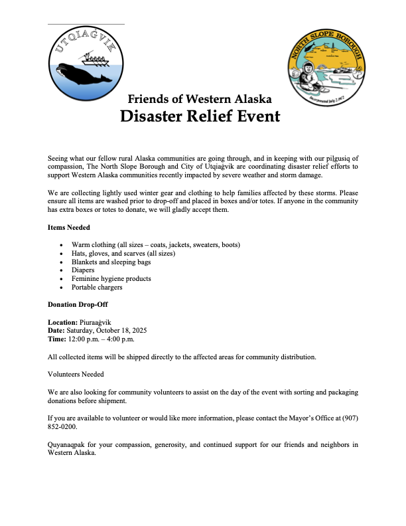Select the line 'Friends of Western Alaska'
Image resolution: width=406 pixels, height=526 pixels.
point(200,99)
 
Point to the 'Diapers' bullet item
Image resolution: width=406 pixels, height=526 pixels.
point(83,270)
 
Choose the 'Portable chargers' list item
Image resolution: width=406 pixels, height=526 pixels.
point(97,288)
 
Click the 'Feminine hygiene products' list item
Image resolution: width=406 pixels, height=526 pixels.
point(111,279)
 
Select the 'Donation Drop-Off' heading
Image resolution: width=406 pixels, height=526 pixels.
point(78,304)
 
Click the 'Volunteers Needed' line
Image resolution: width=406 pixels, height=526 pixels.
point(76,375)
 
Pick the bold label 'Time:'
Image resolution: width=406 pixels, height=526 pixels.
point(57,339)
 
